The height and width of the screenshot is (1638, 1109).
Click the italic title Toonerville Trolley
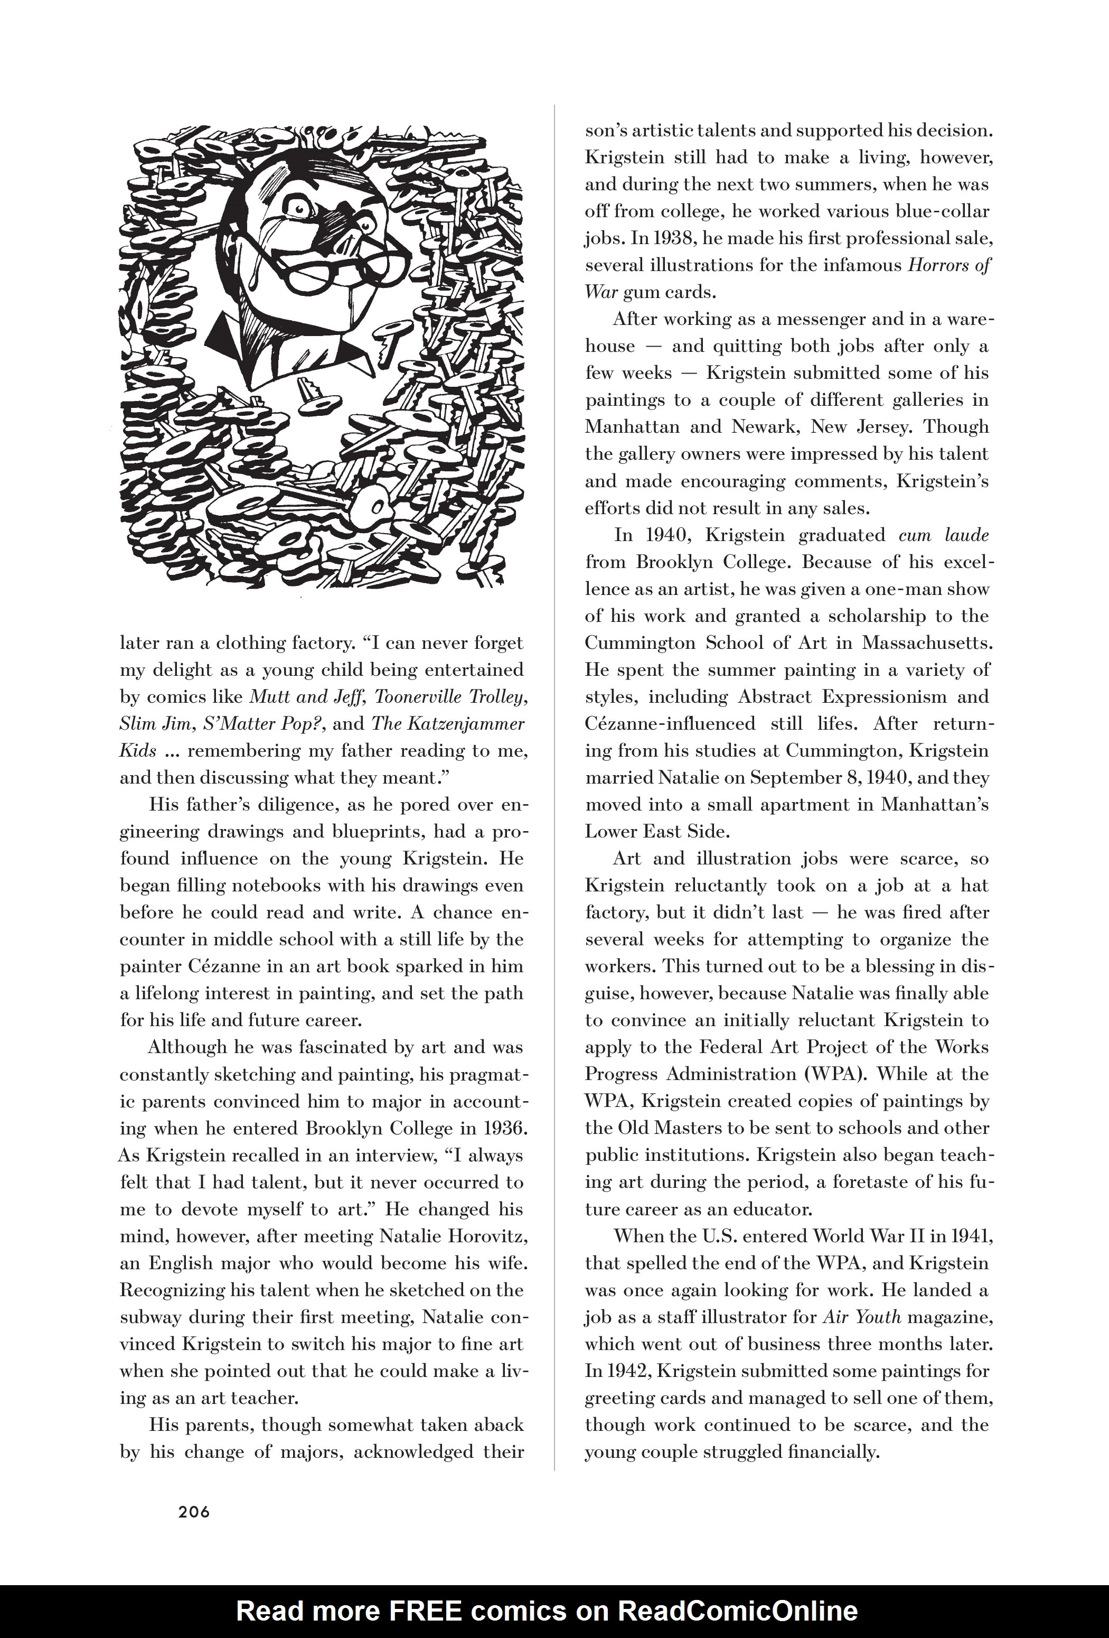click(450, 697)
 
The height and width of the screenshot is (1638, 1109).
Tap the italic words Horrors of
click(948, 266)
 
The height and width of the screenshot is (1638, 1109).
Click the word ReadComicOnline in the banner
click(738, 1611)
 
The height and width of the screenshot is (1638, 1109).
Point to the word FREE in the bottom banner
click(421, 1611)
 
